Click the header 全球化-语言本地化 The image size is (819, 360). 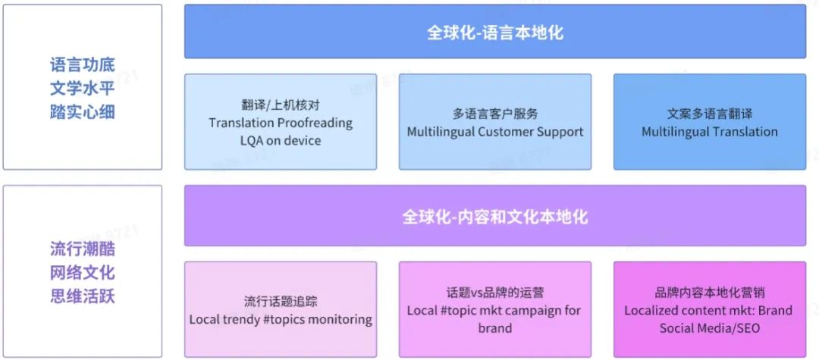tap(494, 33)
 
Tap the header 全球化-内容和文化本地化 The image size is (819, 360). tap(494, 217)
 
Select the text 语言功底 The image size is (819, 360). tap(83, 64)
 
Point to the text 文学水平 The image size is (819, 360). tap(83, 88)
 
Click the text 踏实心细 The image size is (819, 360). tap(83, 112)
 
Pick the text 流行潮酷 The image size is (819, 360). tap(83, 249)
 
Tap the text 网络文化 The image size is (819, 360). tap(83, 272)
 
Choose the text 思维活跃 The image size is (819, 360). tap(83, 296)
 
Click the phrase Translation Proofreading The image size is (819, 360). tap(281, 123)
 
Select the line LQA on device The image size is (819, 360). tap(281, 140)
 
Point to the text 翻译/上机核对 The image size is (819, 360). tap(281, 105)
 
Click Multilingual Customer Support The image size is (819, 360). tap(495, 132)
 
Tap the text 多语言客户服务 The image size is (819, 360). tap(495, 114)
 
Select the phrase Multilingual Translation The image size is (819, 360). tap(709, 132)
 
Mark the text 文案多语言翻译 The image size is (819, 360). tap(709, 114)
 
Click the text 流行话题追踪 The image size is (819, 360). tap(281, 302)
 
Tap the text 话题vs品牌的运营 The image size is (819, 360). tap(495, 293)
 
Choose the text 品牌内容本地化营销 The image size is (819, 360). tap(709, 293)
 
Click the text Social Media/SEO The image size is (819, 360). tap(709, 328)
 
